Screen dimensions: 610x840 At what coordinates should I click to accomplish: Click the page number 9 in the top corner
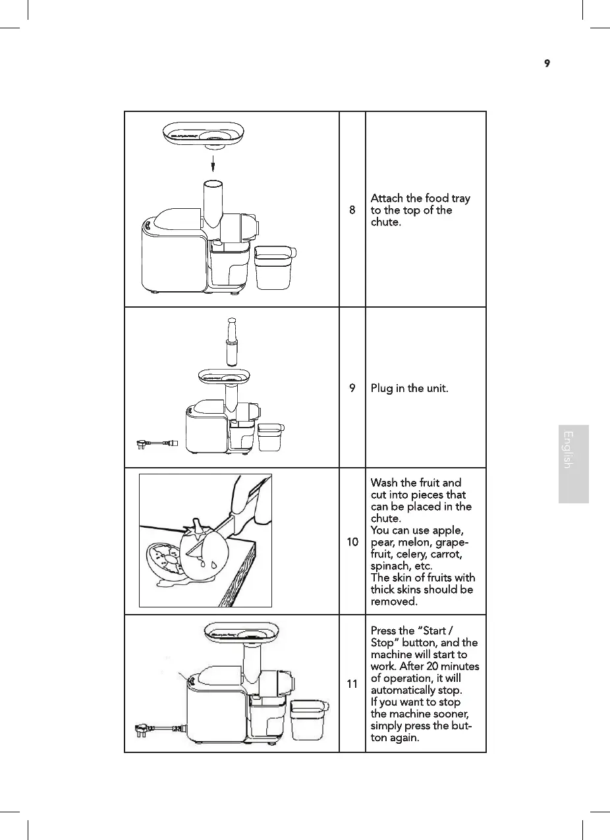547,63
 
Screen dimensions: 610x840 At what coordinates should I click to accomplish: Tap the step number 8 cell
352,210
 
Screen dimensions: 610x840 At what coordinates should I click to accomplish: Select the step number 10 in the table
352,542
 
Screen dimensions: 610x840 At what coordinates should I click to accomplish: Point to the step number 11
352,684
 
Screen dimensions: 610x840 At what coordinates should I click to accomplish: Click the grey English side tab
574,464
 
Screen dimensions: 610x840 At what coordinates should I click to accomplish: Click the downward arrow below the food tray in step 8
213,164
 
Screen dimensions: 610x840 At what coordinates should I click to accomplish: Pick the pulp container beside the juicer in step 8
275,267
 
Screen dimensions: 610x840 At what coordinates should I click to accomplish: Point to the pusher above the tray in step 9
232,342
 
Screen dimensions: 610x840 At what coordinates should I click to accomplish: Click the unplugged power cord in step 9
157,444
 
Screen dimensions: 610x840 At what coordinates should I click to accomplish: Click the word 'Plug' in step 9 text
381,389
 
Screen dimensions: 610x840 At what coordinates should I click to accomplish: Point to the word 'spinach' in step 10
387,566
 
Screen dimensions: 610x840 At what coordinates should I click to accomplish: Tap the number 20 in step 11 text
432,666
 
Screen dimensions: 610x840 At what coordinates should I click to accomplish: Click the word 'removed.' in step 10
394,602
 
